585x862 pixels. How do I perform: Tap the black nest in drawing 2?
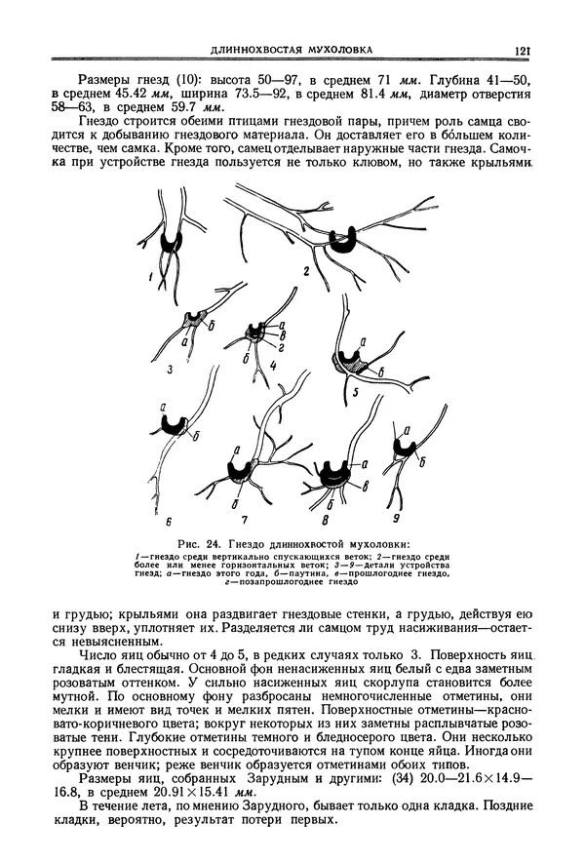click(x=343, y=240)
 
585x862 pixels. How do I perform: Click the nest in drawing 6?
click(x=175, y=423)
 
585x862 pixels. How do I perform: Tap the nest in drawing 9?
click(x=401, y=448)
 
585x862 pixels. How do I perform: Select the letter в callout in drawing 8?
click(x=364, y=485)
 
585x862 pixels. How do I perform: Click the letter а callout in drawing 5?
click(x=363, y=340)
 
